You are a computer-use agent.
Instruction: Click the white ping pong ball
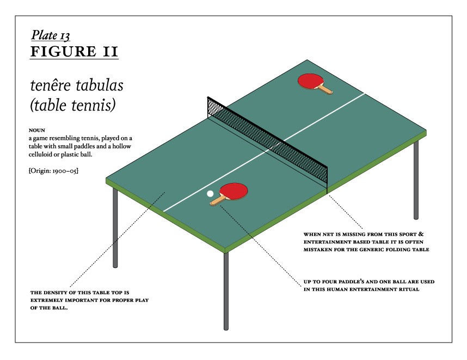(x=210, y=194)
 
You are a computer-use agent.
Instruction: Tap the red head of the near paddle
(x=234, y=191)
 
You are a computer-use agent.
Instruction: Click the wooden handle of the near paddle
(x=218, y=200)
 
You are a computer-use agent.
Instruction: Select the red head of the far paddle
(x=311, y=81)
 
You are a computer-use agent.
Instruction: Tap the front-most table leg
(x=226, y=291)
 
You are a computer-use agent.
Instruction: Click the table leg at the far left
(x=115, y=228)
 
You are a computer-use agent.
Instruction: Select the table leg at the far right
(x=416, y=180)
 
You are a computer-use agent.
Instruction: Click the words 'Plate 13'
(x=51, y=35)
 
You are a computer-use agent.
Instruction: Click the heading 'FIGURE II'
(x=75, y=51)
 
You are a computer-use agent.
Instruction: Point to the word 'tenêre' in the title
(x=51, y=85)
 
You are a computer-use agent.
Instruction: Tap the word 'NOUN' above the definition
(x=37, y=130)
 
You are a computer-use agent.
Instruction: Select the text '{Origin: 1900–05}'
(x=53, y=171)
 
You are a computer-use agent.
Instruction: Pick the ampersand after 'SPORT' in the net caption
(x=421, y=234)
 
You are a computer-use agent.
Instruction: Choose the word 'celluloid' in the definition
(x=40, y=154)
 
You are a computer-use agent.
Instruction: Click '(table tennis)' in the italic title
(x=73, y=105)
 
